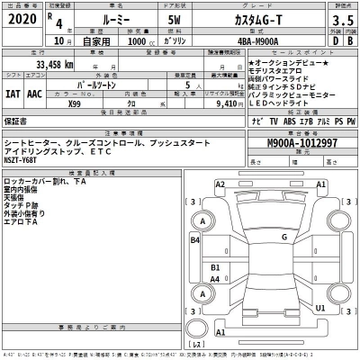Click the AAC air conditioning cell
(33, 92)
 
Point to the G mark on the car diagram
(283, 238)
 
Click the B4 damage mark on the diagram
(195, 239)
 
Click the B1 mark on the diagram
(215, 267)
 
